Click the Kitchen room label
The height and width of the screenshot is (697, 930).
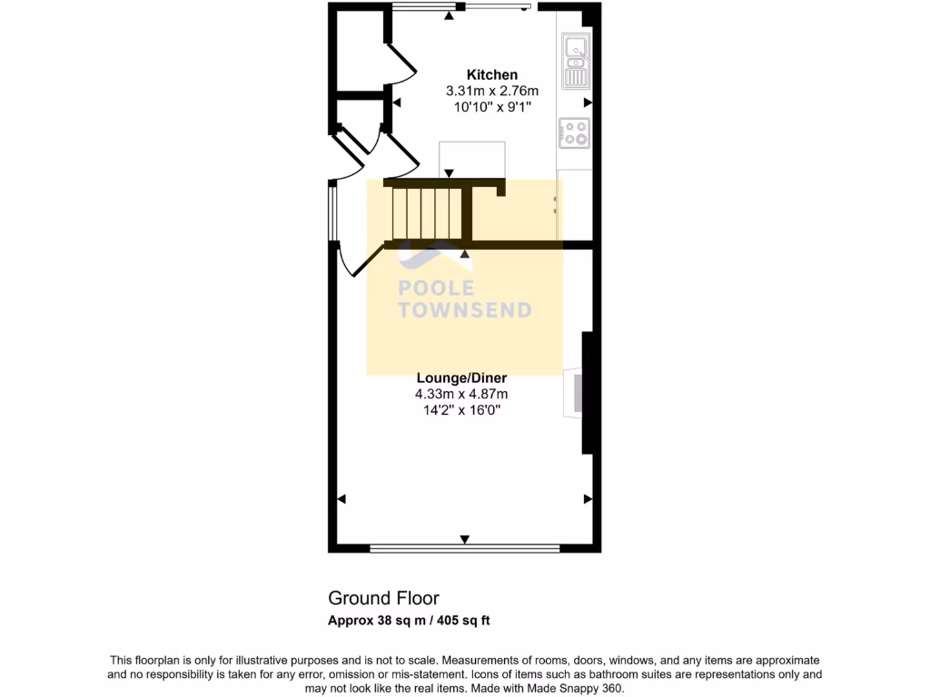pyautogui.click(x=492, y=74)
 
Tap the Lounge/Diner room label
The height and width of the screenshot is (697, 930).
pyautogui.click(x=461, y=378)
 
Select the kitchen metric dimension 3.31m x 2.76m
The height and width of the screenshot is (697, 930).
pyautogui.click(x=491, y=91)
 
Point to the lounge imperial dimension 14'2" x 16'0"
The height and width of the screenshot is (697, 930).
pyautogui.click(x=461, y=410)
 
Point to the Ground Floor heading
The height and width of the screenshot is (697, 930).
pyautogui.click(x=383, y=598)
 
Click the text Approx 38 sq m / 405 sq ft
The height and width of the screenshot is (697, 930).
pyautogui.click(x=409, y=621)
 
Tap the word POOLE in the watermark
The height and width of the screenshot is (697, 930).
pyautogui.click(x=437, y=289)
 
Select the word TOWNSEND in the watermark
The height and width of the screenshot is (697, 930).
pyautogui.click(x=465, y=310)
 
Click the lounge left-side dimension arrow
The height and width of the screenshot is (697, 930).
pyautogui.click(x=342, y=499)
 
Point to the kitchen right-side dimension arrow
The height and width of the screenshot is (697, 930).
pyautogui.click(x=588, y=103)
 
